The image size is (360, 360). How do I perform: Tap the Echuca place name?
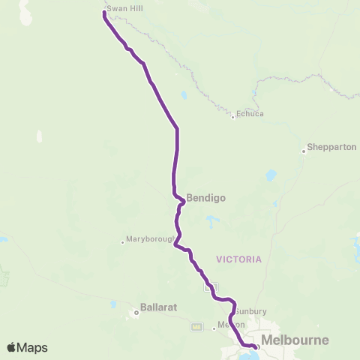[x=250, y=114]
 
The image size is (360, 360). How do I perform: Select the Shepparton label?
[x=332, y=148]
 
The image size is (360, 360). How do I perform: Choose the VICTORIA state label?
[x=238, y=259]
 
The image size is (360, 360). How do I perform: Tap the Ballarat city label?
[x=157, y=307]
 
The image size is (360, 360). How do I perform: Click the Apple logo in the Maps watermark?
[x=12, y=347]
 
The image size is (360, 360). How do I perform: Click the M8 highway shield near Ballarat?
[x=197, y=326]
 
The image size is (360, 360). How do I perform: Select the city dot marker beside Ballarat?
[x=136, y=313]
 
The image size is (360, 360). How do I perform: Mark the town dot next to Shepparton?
[x=304, y=151]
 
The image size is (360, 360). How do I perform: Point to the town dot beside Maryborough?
[x=122, y=241]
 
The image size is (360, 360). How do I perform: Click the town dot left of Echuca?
[x=233, y=116]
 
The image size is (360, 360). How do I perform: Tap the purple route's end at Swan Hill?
[x=103, y=12]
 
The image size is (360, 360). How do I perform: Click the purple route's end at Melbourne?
[x=256, y=346]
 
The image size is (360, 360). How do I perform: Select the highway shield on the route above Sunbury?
[x=211, y=286]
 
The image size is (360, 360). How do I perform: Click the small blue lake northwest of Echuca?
[x=184, y=95]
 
